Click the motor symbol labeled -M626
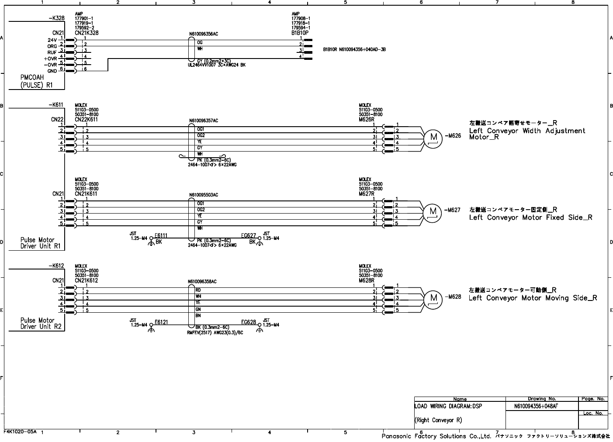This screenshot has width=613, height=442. click(433, 138)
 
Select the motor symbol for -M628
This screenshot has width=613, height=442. click(433, 299)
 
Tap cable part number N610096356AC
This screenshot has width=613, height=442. click(204, 34)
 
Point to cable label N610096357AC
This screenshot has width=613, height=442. click(204, 121)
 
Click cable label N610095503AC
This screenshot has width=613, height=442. click(204, 195)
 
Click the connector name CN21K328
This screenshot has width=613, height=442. click(87, 33)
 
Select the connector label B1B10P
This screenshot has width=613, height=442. click(300, 33)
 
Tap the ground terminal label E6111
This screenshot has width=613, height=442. click(161, 236)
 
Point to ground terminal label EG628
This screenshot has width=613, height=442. click(249, 322)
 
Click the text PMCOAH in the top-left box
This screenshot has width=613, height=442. click(32, 78)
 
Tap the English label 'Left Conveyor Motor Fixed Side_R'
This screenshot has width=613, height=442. click(530, 218)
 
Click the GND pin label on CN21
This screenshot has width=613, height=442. click(52, 71)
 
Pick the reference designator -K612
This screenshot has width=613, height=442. click(56, 266)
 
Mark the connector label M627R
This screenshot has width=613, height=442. click(367, 193)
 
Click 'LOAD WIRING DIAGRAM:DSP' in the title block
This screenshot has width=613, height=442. click(448, 406)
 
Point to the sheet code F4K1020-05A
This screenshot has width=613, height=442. click(20, 431)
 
